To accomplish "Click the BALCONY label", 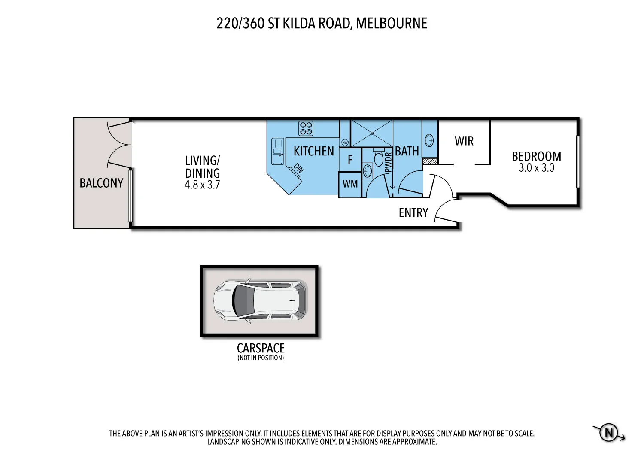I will tap(101, 183).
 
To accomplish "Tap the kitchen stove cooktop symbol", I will tap(306, 128).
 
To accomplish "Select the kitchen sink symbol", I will tap(277, 151).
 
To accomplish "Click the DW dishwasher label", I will tap(298, 168).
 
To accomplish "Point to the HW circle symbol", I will tap(345, 142).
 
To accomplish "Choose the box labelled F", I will tap(350, 160).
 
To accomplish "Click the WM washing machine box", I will tap(350, 184).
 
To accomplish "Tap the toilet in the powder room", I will tap(378, 158).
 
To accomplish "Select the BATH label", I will tap(407, 152).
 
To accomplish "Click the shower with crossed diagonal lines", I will tap(372, 133).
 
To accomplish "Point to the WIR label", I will tap(464, 141).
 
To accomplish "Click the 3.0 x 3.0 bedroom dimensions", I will tap(536, 168).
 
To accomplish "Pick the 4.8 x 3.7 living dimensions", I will tap(202, 185).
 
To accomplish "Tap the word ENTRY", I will tap(413, 213).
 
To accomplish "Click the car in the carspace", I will tap(261, 300).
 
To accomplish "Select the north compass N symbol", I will tap(609, 432).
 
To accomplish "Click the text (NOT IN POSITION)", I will tap(261, 358).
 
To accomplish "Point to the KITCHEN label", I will tap(313, 152).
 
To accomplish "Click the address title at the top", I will tap(322, 23).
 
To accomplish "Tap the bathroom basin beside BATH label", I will tap(429, 140).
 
